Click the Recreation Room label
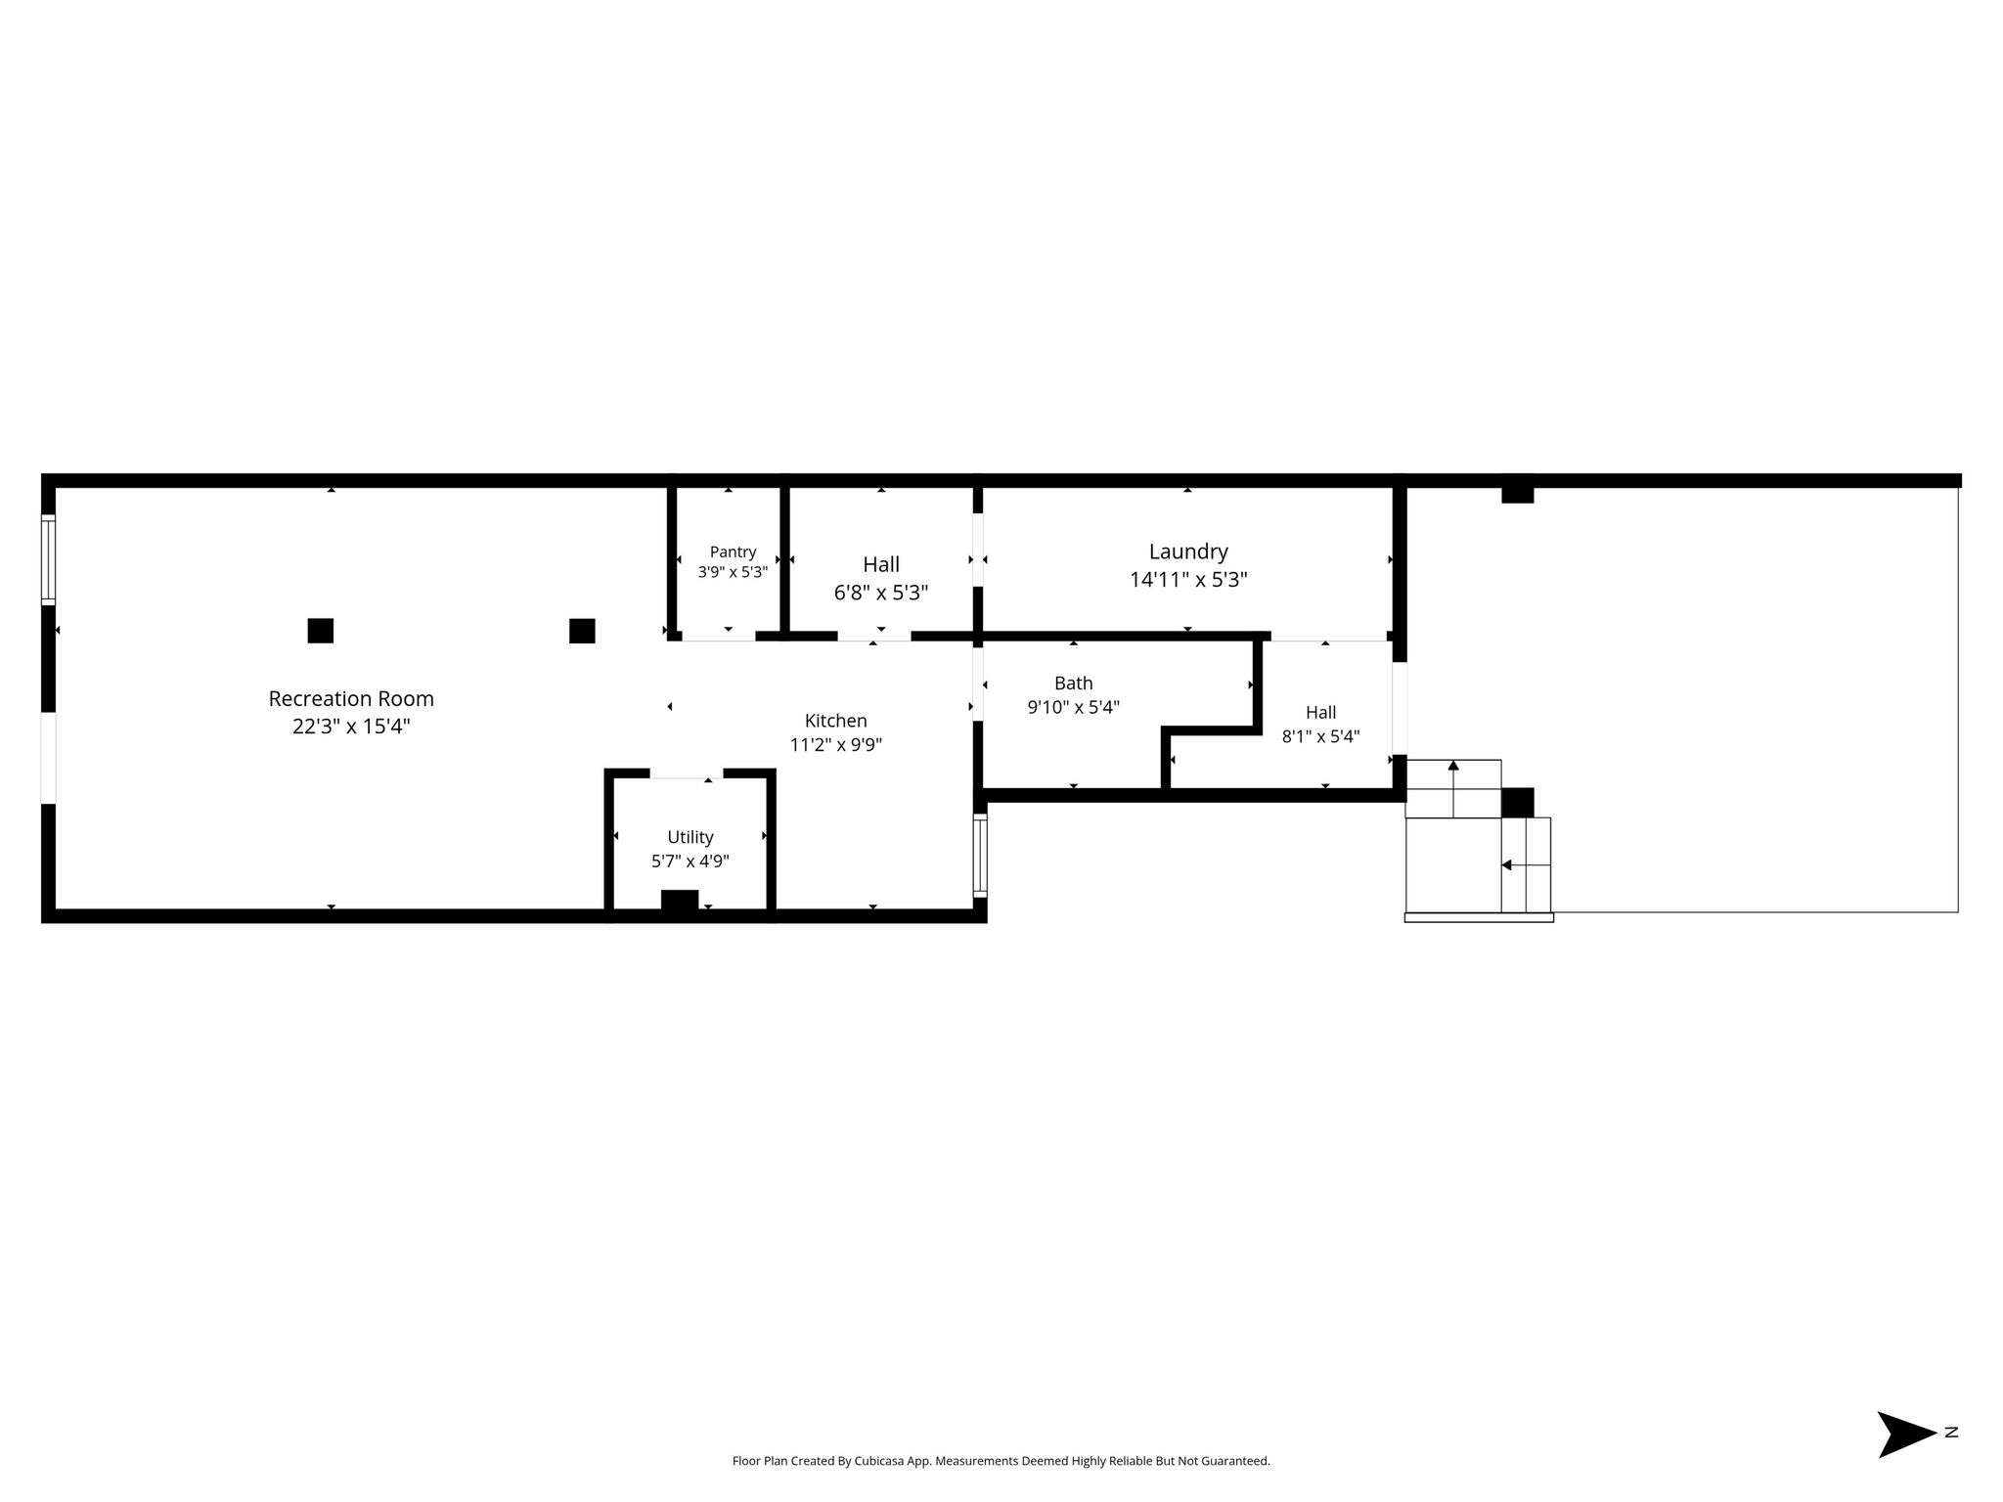(351, 699)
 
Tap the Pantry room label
(733, 552)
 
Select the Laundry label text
(1188, 552)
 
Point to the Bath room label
(1073, 684)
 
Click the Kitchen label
(835, 721)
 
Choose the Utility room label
(690, 837)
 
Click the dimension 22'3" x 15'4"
(351, 727)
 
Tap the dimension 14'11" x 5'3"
(1188, 580)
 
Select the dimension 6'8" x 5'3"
(880, 593)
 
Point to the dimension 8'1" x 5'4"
(1320, 736)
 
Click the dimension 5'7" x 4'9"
(690, 861)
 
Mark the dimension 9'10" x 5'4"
(1073, 707)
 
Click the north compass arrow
(1905, 1435)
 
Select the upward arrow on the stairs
(1453, 788)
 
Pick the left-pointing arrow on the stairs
(1526, 864)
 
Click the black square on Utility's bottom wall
(680, 901)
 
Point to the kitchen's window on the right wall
(980, 856)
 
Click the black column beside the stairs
(1518, 803)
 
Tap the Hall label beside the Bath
(1320, 713)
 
